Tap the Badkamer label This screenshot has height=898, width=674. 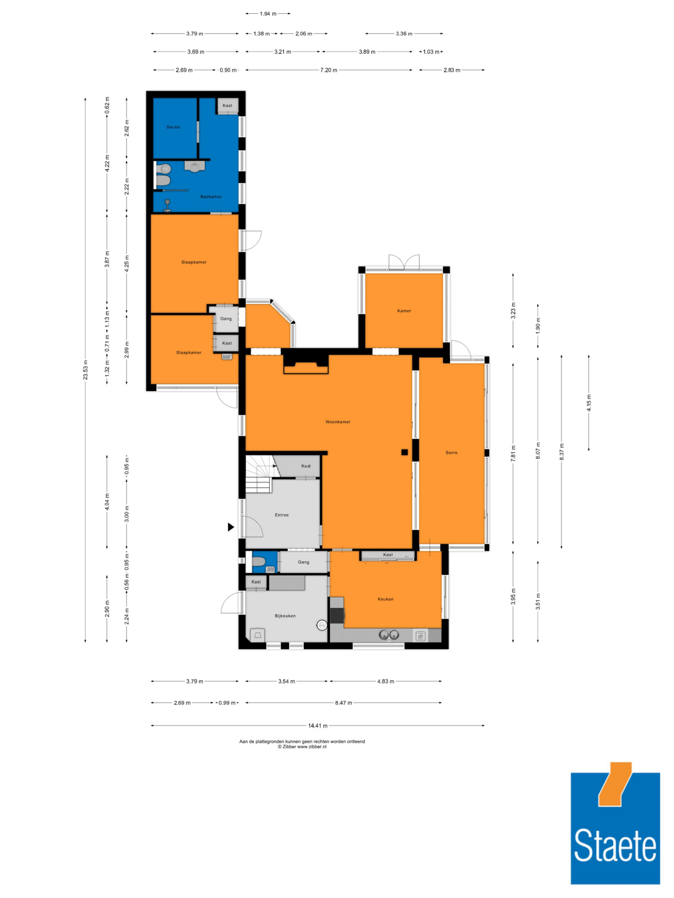click(211, 197)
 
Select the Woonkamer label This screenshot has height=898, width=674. click(338, 422)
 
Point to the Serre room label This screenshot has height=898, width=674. click(451, 453)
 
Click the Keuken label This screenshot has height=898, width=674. click(386, 599)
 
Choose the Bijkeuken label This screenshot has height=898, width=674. click(285, 616)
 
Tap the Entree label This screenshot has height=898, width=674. click(281, 515)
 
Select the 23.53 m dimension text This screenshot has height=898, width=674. click(85, 370)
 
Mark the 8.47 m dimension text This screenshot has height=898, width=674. click(343, 703)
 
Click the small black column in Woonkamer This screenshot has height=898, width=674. click(405, 452)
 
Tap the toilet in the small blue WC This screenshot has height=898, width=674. click(258, 562)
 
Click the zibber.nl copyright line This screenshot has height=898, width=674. click(302, 746)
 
